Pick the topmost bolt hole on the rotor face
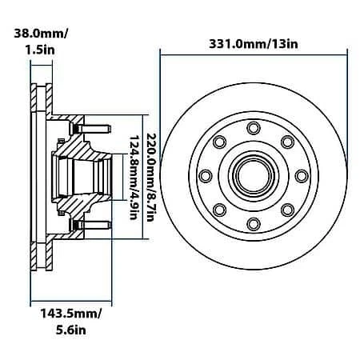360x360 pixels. pyautogui.click(x=254, y=128)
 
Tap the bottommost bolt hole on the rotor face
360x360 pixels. pyautogui.click(x=254, y=223)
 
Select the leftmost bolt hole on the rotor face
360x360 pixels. pyautogui.click(x=206, y=176)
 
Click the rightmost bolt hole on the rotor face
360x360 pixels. pyautogui.click(x=302, y=176)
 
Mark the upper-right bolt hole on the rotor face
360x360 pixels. pyautogui.click(x=287, y=142)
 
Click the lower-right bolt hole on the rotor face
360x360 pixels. pyautogui.click(x=287, y=210)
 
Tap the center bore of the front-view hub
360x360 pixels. pyautogui.click(x=254, y=176)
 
